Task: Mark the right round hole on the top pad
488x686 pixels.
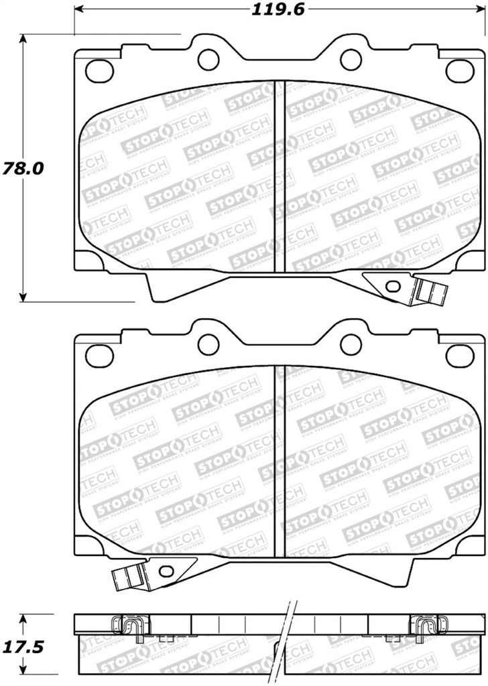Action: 351,59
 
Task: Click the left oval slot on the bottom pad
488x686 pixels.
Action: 99,355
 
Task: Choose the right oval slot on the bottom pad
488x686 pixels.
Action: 459,355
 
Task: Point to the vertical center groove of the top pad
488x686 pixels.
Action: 280,178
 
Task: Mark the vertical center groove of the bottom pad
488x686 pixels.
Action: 280,462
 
